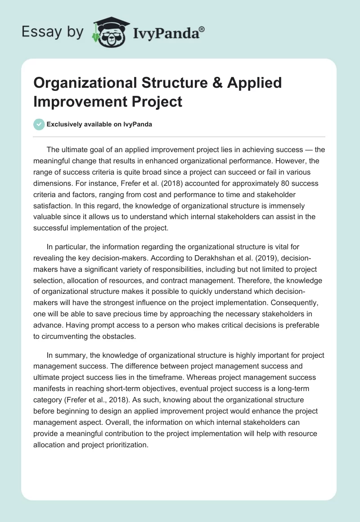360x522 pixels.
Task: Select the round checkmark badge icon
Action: pyautogui.click(x=40, y=124)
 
